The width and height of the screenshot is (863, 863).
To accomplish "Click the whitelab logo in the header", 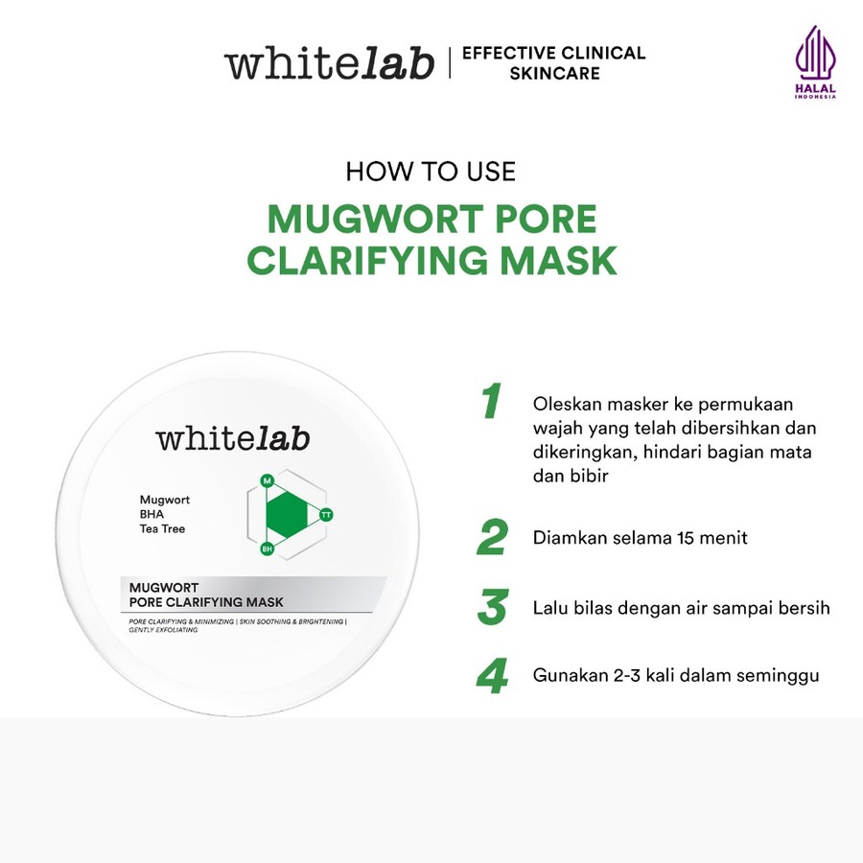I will [x=329, y=63].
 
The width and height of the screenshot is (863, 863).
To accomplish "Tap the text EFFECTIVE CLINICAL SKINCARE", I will [x=553, y=63].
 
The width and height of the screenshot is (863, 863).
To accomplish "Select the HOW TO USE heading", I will [x=431, y=172].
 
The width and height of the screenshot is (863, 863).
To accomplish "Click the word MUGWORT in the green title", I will [x=373, y=220].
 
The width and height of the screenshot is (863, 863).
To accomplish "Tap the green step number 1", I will [x=491, y=403].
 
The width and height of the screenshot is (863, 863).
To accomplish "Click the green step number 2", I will [x=492, y=539].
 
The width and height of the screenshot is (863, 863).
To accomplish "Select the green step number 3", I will [x=492, y=608].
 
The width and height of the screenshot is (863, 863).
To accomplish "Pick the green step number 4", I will [x=492, y=676].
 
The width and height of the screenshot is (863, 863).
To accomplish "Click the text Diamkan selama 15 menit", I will [x=640, y=538].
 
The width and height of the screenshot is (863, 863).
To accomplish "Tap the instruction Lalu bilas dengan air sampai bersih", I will [x=681, y=608].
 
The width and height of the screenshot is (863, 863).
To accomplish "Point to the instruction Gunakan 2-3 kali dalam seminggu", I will [x=676, y=676].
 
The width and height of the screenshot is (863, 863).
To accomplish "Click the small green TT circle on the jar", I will [x=326, y=515].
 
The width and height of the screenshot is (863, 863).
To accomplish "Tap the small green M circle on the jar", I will [x=268, y=479].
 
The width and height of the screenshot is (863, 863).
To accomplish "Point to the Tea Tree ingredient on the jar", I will [x=162, y=528].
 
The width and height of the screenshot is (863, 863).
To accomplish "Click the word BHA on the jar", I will [x=152, y=514].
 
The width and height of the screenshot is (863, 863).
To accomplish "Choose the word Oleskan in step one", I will [x=564, y=404].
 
